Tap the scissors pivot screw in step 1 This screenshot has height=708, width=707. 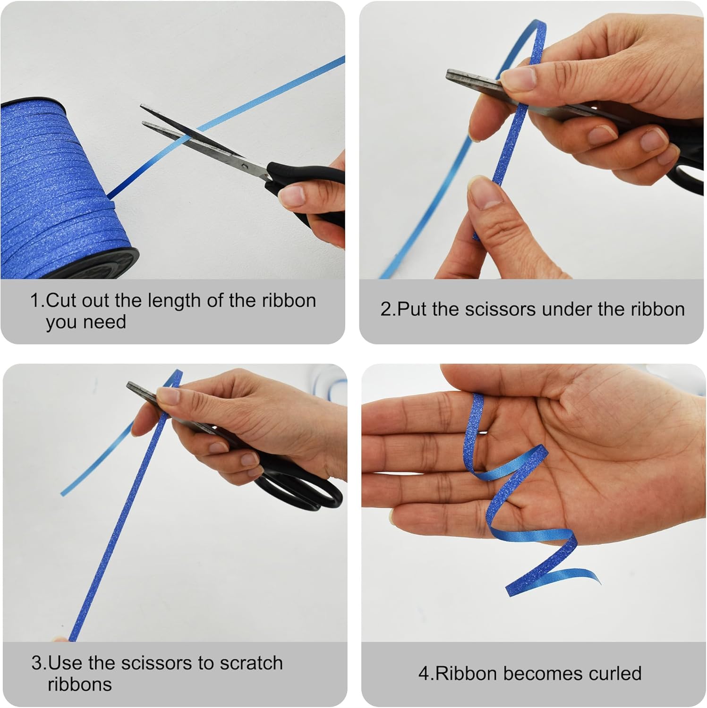[x=244, y=166]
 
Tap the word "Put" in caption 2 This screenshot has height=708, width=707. [x=412, y=309]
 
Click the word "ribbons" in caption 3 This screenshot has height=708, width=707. [x=80, y=684]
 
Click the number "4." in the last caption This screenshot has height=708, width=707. [x=426, y=674]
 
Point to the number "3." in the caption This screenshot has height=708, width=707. [x=40, y=663]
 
